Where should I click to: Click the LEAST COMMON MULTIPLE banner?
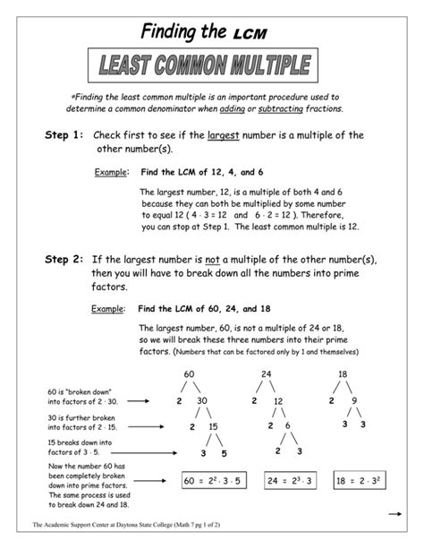point(212,64)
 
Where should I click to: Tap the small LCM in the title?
point(250,33)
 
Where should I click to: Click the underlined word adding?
point(257,108)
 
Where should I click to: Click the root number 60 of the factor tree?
point(189,373)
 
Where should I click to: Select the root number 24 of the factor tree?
point(266,373)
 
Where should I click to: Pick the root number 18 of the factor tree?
point(342,373)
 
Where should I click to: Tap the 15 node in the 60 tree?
point(213,427)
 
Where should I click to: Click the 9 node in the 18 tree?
point(355,400)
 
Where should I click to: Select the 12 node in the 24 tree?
point(278,401)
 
